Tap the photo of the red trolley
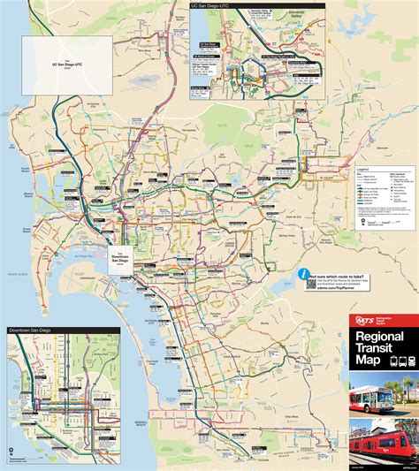[x=383, y=445]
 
